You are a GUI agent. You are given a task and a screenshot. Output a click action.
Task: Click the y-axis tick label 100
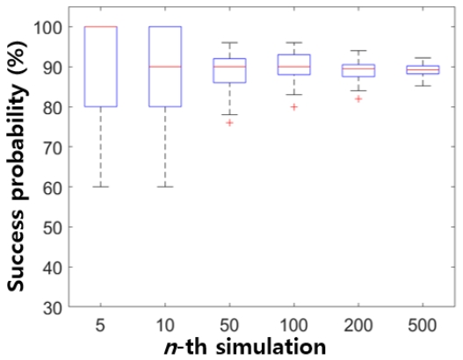tap(51, 27)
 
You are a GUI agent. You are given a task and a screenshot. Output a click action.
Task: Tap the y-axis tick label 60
tap(55, 187)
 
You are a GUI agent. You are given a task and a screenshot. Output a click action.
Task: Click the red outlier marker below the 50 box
tap(228, 123)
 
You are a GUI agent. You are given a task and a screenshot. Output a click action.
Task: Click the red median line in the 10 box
tap(167, 67)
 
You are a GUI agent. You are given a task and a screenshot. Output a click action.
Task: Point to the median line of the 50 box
tap(228, 67)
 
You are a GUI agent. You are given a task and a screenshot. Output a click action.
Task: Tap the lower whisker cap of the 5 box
tap(105, 187)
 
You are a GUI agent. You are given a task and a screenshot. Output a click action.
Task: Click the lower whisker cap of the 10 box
tap(167, 187)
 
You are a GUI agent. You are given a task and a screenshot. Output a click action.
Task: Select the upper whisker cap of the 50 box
tap(228, 43)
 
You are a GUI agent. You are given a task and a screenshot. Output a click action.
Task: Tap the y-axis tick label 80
tap(55, 107)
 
